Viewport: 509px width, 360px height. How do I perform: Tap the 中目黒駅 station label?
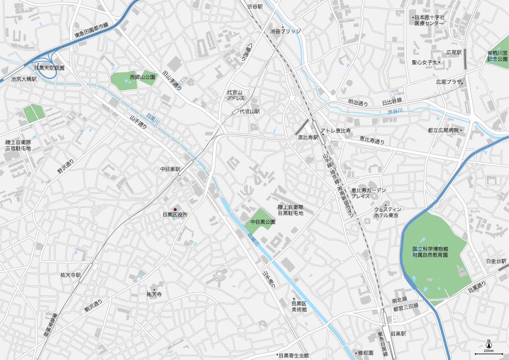(x=170, y=169)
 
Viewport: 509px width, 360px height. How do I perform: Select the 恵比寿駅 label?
(x=308, y=138)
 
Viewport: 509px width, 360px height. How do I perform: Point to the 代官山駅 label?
(x=250, y=111)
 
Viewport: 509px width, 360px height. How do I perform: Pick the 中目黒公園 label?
(x=263, y=222)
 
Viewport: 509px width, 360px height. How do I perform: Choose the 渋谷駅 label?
(x=255, y=7)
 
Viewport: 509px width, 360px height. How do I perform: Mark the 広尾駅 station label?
(x=454, y=53)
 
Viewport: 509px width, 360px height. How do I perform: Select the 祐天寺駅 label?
(x=71, y=275)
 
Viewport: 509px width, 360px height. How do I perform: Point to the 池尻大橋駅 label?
(x=24, y=79)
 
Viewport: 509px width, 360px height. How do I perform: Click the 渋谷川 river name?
(x=395, y=112)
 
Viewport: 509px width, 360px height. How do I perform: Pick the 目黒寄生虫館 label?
(x=294, y=355)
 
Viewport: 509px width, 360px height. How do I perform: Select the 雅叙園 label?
(x=365, y=353)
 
